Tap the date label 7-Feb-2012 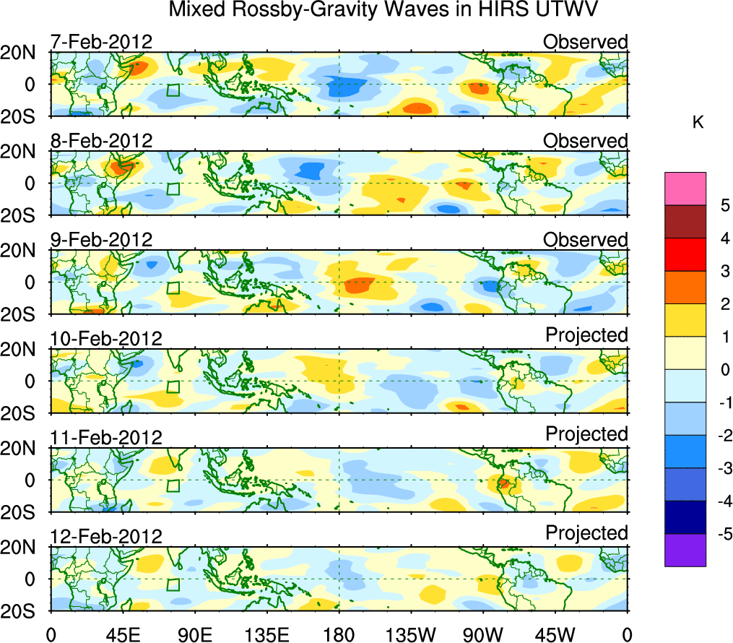[x=101, y=42]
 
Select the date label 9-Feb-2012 [x=101, y=240]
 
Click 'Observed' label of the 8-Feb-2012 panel [x=586, y=141]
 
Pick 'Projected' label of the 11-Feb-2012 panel [x=586, y=434]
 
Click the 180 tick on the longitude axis [x=339, y=635]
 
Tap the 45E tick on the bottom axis [x=122, y=635]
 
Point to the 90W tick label [x=483, y=635]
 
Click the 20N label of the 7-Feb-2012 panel [x=24, y=53]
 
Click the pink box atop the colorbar [x=685, y=189]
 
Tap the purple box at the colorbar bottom [x=685, y=551]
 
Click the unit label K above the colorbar [x=698, y=124]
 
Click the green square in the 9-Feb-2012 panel [x=173, y=288]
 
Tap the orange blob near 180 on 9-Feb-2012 [x=359, y=285]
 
